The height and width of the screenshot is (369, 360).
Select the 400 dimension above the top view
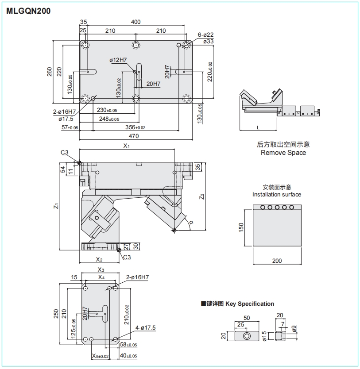[136, 22]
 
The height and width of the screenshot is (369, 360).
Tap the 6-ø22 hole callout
[206, 35]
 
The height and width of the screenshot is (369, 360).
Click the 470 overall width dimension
[136, 137]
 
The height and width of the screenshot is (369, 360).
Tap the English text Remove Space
[283, 153]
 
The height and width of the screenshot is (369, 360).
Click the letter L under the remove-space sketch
[258, 127]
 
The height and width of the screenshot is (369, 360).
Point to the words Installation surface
[276, 194]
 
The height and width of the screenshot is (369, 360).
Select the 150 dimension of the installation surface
[241, 227]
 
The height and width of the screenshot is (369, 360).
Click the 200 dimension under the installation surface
[277, 261]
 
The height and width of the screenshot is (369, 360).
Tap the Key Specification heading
[250, 304]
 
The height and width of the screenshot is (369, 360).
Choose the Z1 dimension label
[55, 206]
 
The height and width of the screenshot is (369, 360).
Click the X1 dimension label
[127, 146]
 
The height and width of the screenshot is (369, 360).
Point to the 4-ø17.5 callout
[146, 328]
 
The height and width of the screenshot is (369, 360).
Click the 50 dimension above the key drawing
[247, 318]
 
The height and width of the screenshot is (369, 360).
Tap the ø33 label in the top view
[209, 42]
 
